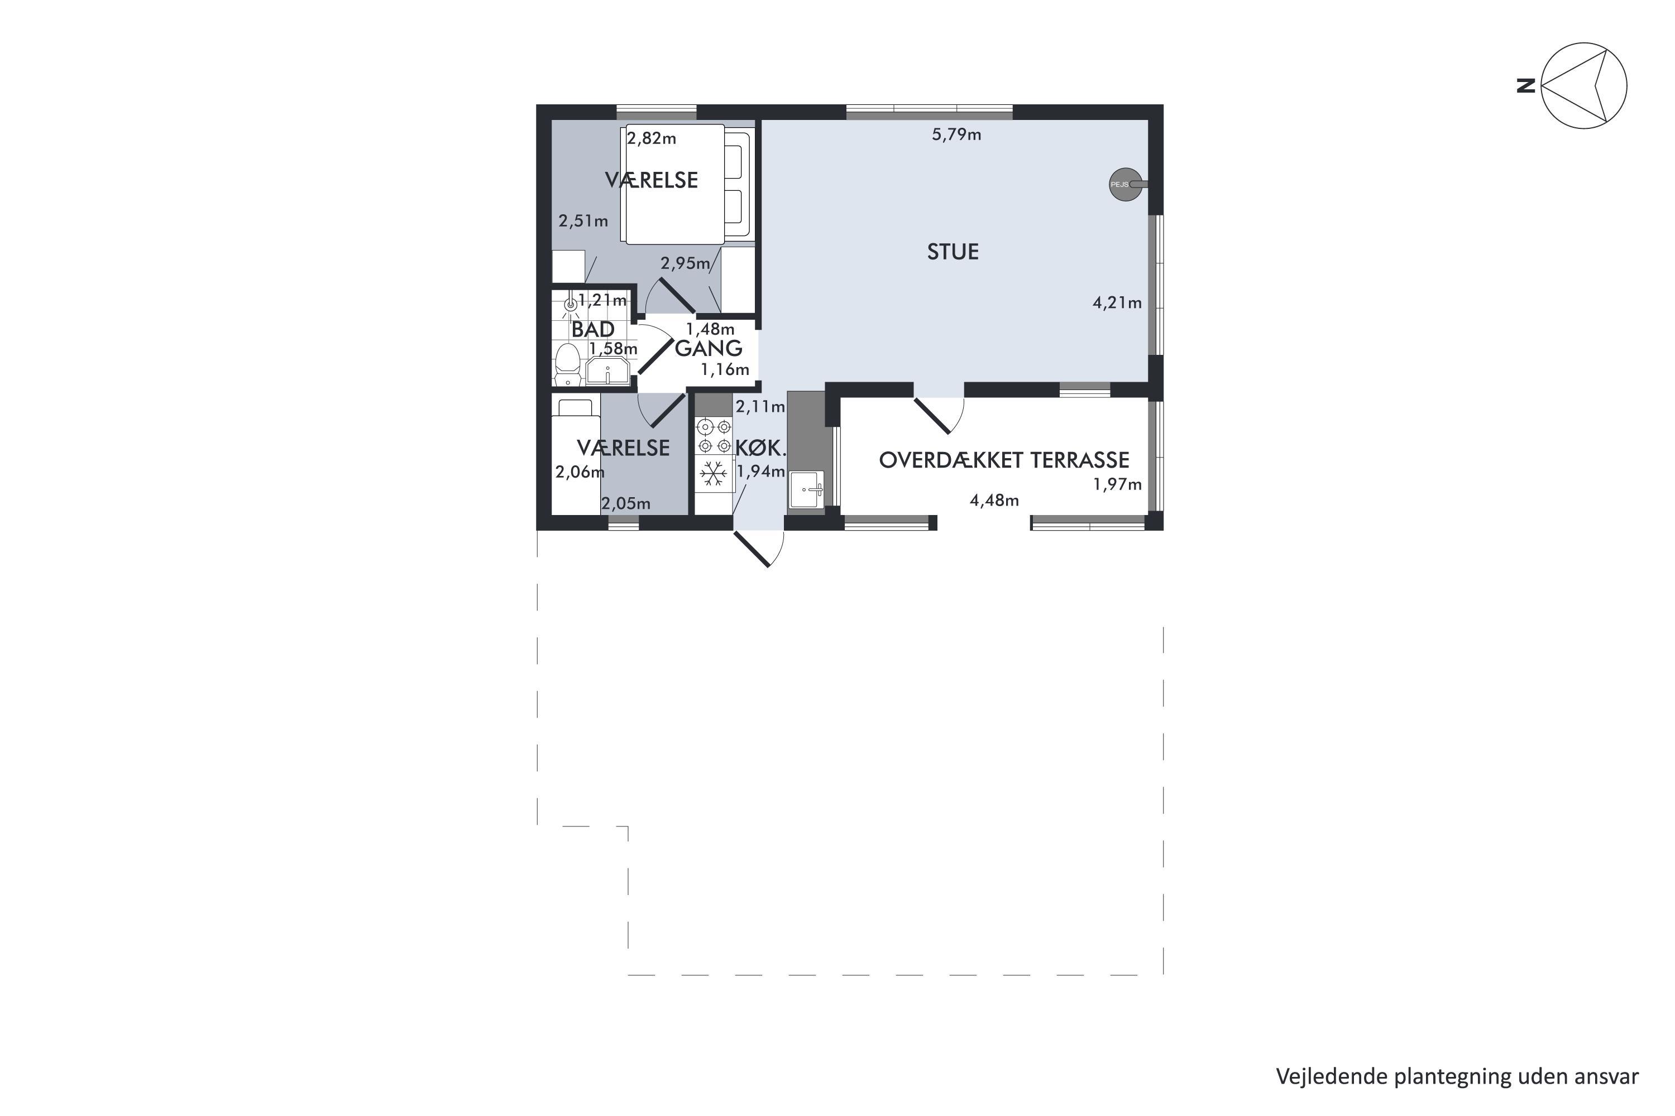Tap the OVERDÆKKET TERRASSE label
pos(1004,460)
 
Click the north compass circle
pos(1584,85)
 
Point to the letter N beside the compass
pos(1525,86)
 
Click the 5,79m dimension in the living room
pos(956,134)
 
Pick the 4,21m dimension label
pos(1117,303)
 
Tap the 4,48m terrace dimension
pos(994,501)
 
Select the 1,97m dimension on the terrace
pos(1117,485)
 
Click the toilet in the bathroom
pos(568,364)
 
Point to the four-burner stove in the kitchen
pos(714,436)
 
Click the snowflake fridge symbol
pos(714,473)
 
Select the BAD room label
pos(592,330)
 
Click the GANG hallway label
pos(709,348)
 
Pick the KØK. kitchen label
pos(760,449)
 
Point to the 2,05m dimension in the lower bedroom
pos(626,504)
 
